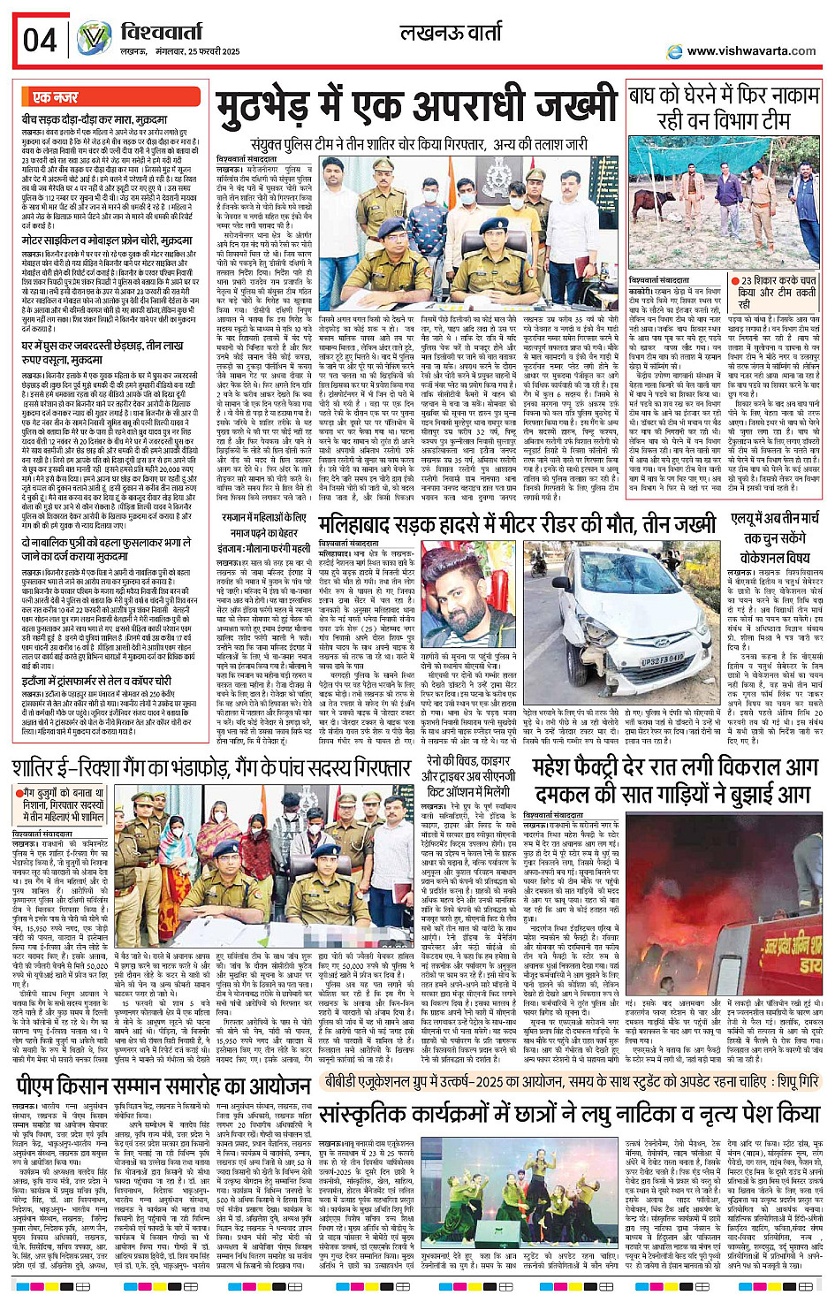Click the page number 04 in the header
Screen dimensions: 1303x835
point(40,41)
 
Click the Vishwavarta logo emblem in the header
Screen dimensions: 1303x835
point(94,39)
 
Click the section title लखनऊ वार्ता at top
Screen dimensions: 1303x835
point(451,34)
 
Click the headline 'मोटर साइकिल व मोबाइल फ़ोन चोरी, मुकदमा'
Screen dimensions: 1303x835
point(106,240)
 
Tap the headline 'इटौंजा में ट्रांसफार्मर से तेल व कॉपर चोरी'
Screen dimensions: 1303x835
point(97,681)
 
